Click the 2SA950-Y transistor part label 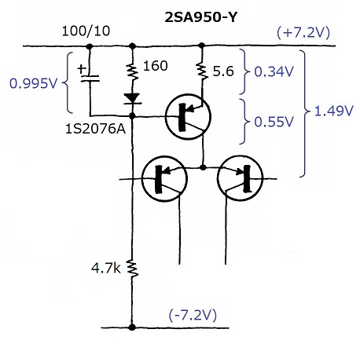200,17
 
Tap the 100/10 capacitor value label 86,31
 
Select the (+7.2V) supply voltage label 303,33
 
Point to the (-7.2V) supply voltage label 193,315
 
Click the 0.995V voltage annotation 33,83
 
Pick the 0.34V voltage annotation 274,71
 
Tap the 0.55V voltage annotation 274,122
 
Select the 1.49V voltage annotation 333,111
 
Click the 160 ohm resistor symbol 133,72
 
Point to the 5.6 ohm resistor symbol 202,71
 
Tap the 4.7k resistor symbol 132,269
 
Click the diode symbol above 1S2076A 132,99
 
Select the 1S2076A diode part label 95,129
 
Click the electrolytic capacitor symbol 90,79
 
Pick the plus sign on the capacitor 82,69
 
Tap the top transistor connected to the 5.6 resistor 188,116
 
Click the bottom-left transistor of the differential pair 164,179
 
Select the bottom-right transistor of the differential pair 240,179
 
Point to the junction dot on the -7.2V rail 132,327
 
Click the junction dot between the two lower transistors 203,167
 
